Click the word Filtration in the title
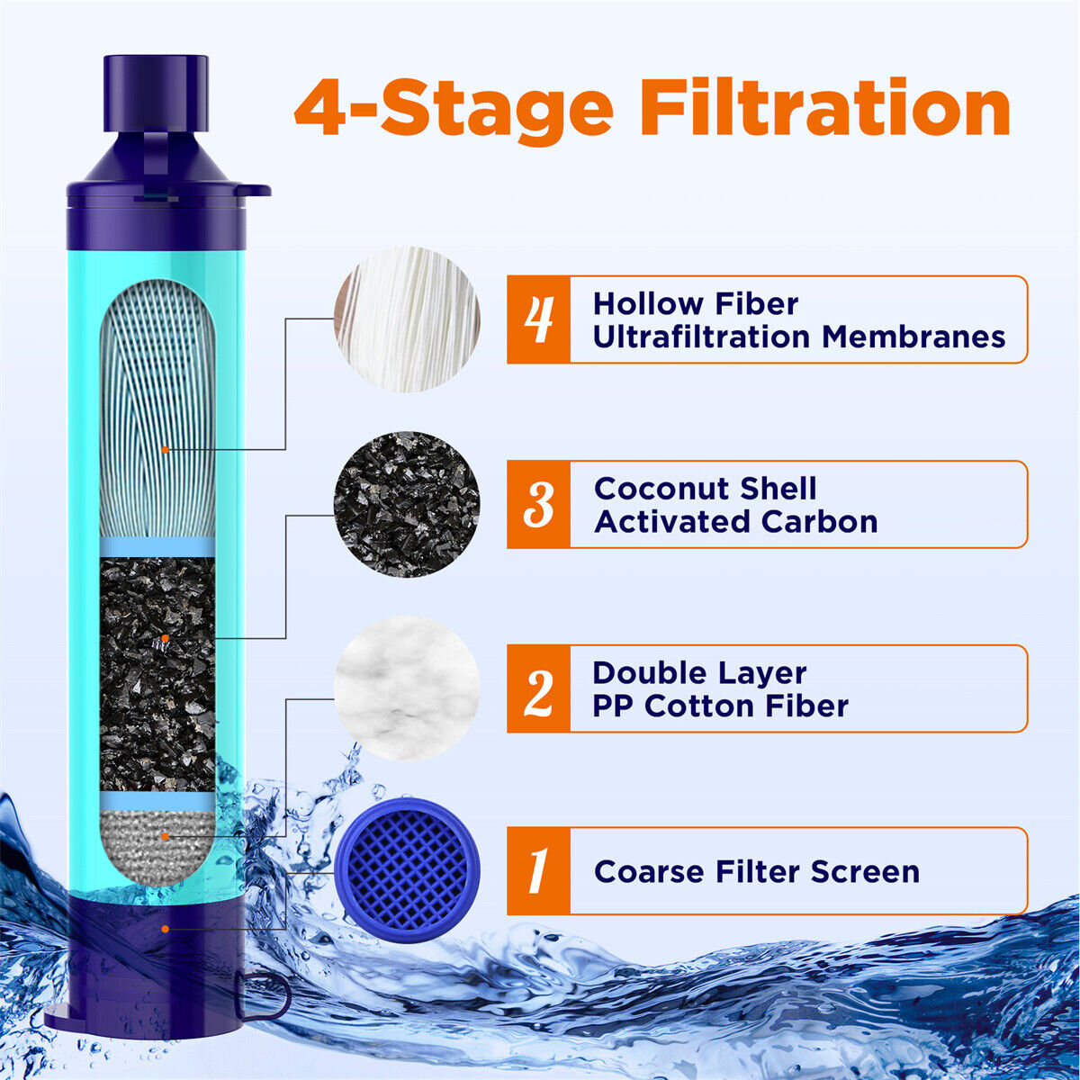(x=825, y=107)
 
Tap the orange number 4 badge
(x=538, y=319)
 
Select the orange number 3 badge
(x=538, y=504)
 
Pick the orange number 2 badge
(x=538, y=688)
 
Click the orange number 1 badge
(x=538, y=870)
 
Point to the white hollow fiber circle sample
(x=407, y=319)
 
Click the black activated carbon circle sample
(x=407, y=504)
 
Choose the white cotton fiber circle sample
(x=407, y=688)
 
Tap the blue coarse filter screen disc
(x=407, y=870)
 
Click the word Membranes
(x=913, y=337)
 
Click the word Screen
(x=865, y=871)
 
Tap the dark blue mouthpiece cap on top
(x=156, y=93)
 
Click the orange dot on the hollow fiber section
(x=165, y=449)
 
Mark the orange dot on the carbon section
(x=165, y=638)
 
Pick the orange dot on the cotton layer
(x=165, y=836)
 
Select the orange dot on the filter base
(x=165, y=929)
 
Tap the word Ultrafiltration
(x=701, y=337)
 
